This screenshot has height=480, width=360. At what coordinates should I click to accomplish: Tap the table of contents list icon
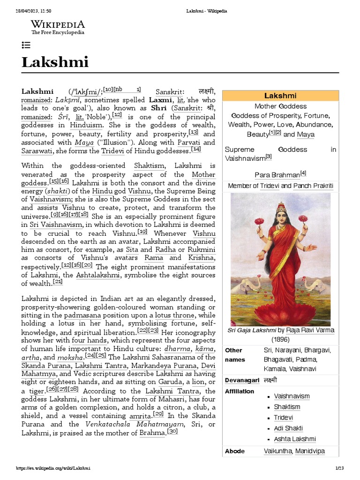pos(26,45)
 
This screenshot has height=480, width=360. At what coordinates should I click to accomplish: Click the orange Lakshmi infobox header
pos(280,95)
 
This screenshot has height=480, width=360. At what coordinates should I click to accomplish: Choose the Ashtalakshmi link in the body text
pos(98,275)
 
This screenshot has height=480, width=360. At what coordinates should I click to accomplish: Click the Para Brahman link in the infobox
pos(277,175)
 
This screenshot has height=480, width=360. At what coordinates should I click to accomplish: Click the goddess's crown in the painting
pos(281,207)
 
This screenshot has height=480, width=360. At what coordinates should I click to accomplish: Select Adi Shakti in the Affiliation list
pos(288,428)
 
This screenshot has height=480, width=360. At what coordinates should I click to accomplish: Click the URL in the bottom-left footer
pos(53,468)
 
